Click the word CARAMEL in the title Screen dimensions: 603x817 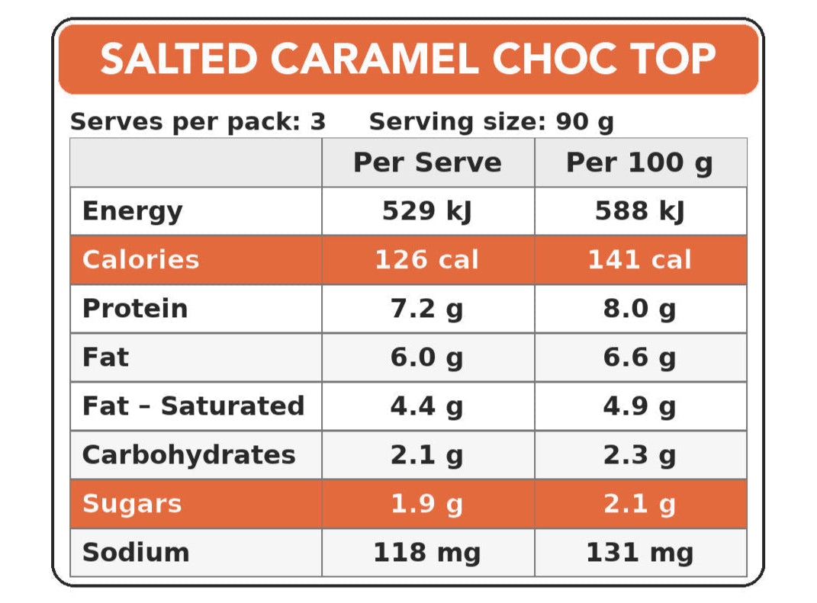[x=375, y=59]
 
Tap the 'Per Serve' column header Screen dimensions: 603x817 [x=427, y=162]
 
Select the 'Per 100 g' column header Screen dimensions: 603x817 [x=639, y=162]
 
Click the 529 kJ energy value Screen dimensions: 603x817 [x=427, y=211]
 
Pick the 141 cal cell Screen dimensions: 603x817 [x=639, y=260]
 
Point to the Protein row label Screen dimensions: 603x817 [x=135, y=309]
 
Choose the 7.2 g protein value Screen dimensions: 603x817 [x=427, y=309]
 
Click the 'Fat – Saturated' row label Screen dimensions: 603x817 [x=193, y=406]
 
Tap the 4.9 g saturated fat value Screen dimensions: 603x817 [x=639, y=406]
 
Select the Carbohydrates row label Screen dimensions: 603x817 [x=188, y=455]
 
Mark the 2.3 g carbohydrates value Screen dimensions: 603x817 [x=639, y=455]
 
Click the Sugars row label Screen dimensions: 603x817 [x=132, y=504]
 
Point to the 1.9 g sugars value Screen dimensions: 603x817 [x=427, y=504]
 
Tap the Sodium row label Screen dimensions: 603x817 [x=136, y=553]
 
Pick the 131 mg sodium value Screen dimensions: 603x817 [x=639, y=553]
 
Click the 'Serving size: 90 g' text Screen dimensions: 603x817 [x=491, y=122]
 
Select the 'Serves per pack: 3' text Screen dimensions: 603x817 [x=198, y=122]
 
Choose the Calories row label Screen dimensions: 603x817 [x=140, y=260]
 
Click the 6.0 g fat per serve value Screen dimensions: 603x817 [x=427, y=358]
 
